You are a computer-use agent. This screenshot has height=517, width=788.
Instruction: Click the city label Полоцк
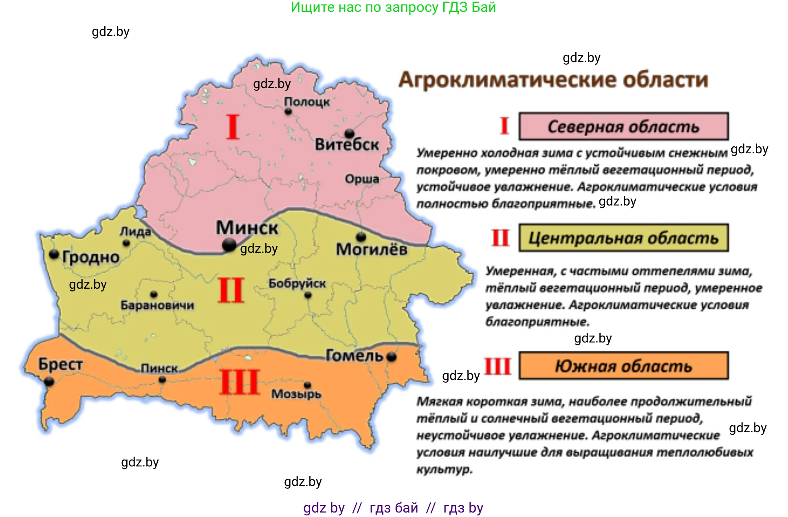coord(306,102)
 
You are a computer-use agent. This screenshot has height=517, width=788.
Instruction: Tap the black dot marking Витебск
coord(349,133)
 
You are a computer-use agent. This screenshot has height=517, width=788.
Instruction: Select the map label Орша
coord(362,179)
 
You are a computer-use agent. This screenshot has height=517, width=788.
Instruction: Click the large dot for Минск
coord(229,245)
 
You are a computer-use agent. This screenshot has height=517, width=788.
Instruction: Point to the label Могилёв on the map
coord(371,249)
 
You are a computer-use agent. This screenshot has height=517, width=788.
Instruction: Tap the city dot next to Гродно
coord(54,254)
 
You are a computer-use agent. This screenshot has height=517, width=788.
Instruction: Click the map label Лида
coord(135,232)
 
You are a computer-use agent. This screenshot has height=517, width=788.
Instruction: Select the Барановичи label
coord(157,305)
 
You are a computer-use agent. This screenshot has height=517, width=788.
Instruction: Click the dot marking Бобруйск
coord(308,295)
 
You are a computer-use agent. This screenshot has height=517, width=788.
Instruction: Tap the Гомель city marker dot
coord(392,357)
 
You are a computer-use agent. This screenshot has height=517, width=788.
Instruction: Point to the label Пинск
coord(159,369)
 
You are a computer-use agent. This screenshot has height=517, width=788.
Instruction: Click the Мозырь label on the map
coord(296,394)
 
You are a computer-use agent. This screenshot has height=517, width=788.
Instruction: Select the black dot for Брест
coord(49,382)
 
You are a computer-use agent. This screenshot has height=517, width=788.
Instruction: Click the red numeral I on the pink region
coord(233,127)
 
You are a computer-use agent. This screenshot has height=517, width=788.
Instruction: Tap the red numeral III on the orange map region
coord(240,382)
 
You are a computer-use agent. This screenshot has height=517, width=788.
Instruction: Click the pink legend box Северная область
coord(623,127)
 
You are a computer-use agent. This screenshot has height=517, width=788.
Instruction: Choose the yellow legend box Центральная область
coord(623,238)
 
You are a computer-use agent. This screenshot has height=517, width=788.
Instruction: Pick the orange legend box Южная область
coord(623,366)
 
